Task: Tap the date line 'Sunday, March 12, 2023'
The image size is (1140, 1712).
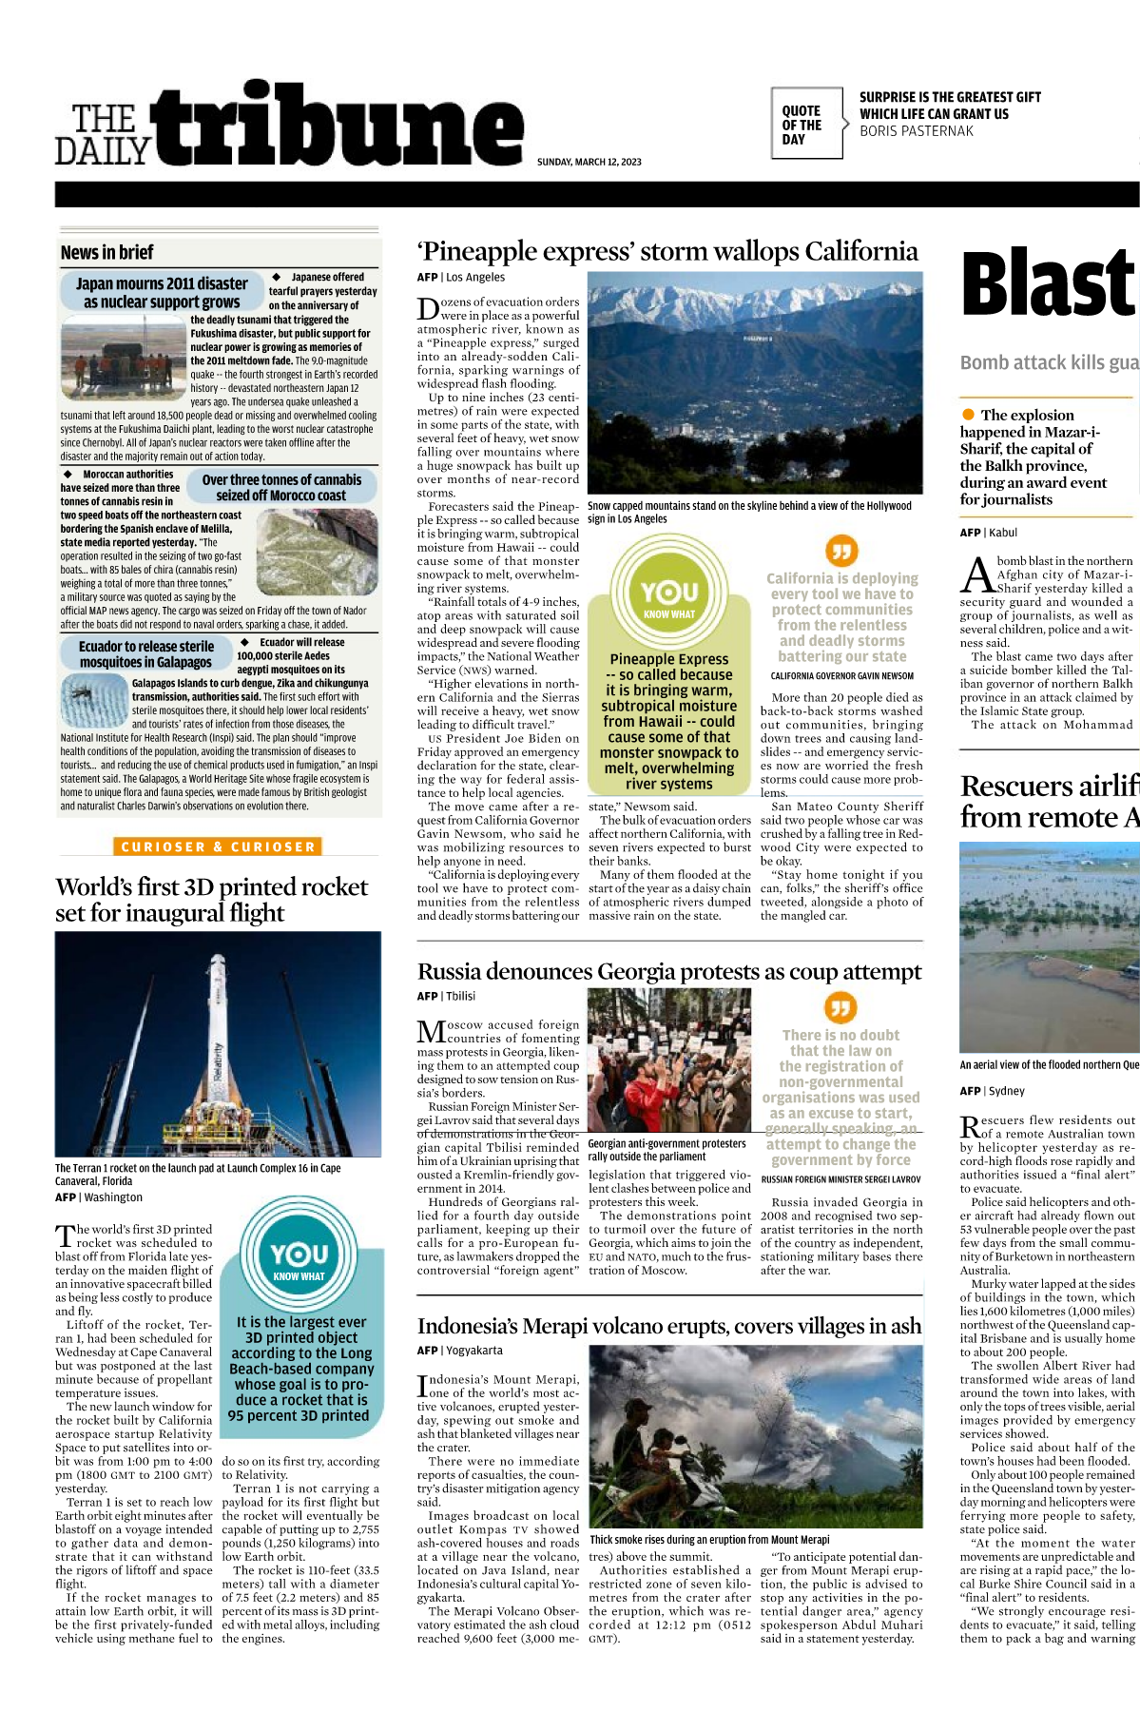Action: tap(589, 162)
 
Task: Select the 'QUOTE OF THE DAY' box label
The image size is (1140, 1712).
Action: tap(802, 125)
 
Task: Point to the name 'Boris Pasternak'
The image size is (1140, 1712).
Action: tap(916, 131)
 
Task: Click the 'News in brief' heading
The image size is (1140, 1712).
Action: tap(106, 252)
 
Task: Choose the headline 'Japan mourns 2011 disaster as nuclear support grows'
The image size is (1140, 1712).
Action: tap(162, 292)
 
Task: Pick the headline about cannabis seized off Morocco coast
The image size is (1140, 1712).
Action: tap(281, 487)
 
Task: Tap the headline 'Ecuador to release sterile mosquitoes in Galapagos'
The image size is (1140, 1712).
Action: tap(145, 654)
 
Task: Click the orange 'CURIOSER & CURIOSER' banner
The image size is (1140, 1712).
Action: tap(218, 846)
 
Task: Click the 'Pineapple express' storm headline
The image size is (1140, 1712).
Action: tap(667, 251)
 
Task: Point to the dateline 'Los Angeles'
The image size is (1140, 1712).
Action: tap(475, 278)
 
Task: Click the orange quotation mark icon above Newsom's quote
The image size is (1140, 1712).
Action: tap(841, 550)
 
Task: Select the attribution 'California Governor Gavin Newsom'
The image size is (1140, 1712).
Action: tap(841, 676)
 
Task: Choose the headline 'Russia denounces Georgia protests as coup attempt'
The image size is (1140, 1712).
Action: tap(668, 971)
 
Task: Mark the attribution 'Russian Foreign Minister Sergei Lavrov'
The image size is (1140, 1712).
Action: tap(841, 1179)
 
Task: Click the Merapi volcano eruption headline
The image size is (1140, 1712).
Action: tap(668, 1326)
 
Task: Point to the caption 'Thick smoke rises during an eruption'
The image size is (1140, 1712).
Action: tap(709, 1539)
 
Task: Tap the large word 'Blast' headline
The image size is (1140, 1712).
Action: tap(1049, 283)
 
